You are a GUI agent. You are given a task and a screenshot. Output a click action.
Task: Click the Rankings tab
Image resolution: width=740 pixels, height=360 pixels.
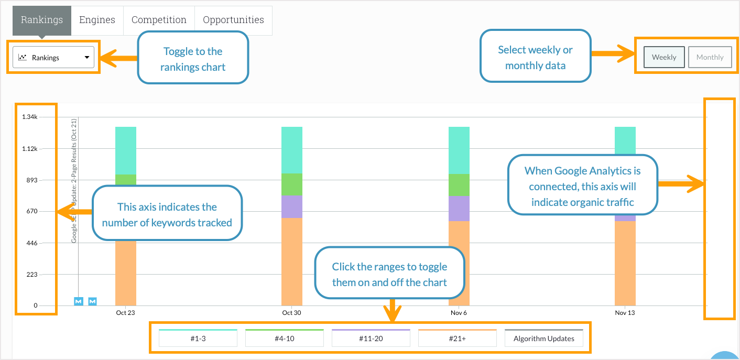tap(42, 20)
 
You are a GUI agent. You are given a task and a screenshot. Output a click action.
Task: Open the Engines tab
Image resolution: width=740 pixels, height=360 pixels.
tap(97, 20)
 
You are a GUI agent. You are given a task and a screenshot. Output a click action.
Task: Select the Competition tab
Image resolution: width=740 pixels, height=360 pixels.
tap(159, 20)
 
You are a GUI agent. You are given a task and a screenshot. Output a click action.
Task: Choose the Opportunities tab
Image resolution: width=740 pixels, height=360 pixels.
tap(233, 20)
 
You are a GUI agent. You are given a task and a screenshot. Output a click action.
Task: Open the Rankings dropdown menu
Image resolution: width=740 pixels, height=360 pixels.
tap(53, 58)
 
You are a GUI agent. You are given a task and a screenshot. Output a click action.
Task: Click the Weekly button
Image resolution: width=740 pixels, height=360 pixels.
tap(664, 58)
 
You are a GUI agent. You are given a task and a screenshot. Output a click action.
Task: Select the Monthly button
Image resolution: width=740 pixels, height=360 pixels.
tap(710, 58)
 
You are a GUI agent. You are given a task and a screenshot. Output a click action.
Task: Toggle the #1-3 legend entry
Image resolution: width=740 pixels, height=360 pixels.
tap(198, 339)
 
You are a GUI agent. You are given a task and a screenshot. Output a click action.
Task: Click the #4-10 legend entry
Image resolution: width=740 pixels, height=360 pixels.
tap(285, 339)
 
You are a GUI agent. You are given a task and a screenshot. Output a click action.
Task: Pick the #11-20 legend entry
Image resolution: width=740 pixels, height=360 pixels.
tap(371, 339)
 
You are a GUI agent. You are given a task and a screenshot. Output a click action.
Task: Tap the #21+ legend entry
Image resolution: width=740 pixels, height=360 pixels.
tap(458, 339)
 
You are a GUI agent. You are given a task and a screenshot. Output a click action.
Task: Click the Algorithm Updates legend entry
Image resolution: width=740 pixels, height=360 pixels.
tap(544, 339)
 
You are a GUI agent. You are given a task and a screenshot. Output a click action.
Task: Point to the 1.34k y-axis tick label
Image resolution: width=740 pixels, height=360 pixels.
tap(29, 117)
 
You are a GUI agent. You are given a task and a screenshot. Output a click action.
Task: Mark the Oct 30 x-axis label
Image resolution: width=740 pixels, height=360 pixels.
tap(291, 313)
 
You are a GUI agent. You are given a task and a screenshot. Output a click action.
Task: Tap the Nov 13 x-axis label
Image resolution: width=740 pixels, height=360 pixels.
tap(625, 313)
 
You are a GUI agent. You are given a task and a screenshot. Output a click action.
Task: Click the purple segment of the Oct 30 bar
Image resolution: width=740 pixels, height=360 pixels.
tap(292, 206)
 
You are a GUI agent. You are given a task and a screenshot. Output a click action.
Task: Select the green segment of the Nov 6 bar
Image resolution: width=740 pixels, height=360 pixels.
tap(459, 184)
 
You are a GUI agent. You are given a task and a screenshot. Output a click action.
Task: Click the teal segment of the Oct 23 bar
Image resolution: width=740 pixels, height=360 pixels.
tap(126, 150)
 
